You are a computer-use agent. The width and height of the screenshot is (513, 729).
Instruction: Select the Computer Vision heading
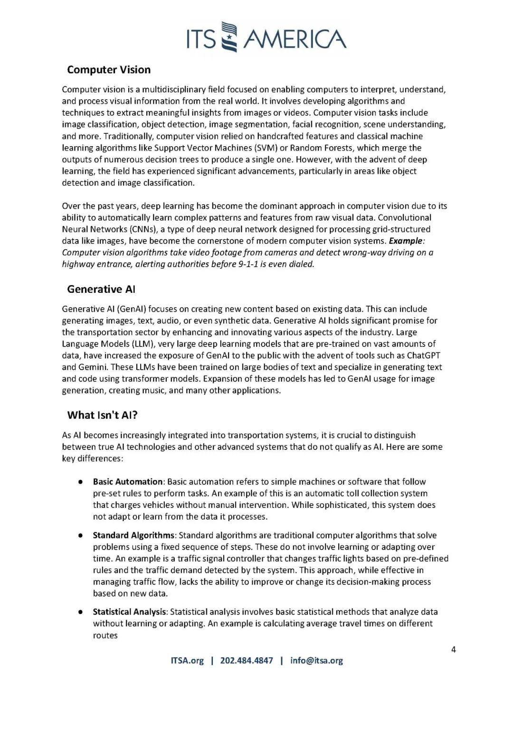(109, 70)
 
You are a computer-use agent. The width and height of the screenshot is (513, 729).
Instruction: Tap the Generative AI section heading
(101, 289)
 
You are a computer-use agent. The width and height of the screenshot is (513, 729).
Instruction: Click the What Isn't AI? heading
(102, 415)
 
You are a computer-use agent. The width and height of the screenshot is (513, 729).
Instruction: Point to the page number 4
(453, 650)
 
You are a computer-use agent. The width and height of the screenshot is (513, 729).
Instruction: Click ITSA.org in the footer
(187, 661)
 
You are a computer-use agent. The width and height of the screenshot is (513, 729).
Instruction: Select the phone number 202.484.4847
(247, 661)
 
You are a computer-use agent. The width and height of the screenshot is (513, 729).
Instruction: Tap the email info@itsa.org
(316, 661)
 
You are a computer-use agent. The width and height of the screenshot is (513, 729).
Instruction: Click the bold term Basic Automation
(128, 482)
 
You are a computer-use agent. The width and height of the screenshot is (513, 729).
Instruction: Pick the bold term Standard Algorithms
(133, 535)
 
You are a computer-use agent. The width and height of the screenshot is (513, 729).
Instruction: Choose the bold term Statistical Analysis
(130, 612)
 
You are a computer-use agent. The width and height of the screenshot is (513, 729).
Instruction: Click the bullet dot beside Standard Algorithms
(81, 535)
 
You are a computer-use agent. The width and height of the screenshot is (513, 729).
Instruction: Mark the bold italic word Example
(405, 241)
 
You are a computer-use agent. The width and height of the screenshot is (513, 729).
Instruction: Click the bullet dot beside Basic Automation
(81, 482)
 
